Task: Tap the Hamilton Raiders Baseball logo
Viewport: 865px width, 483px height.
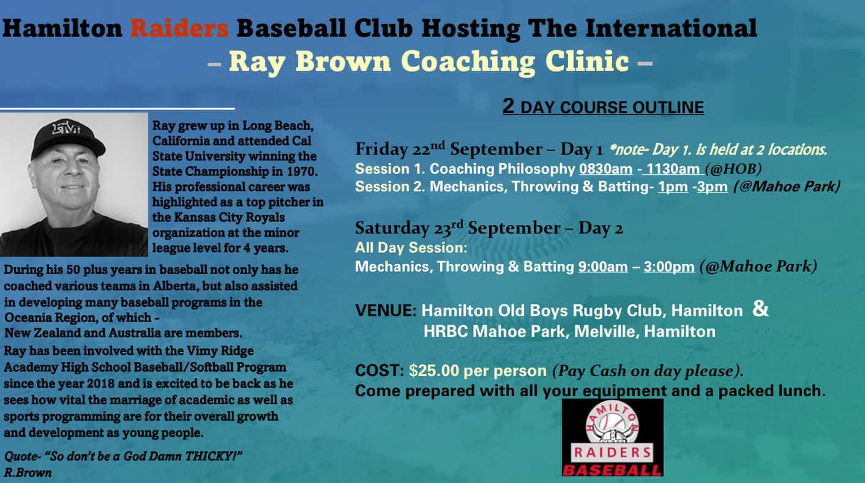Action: pos(612,438)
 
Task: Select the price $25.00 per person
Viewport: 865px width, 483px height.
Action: pos(477,371)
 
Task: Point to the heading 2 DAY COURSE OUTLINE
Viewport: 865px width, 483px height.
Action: pos(603,107)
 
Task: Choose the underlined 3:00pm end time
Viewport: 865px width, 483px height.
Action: pos(668,267)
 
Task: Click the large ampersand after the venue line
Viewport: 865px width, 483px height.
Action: pos(760,309)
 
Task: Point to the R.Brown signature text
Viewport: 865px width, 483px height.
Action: pos(28,473)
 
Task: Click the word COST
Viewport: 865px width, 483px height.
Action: pos(376,371)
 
